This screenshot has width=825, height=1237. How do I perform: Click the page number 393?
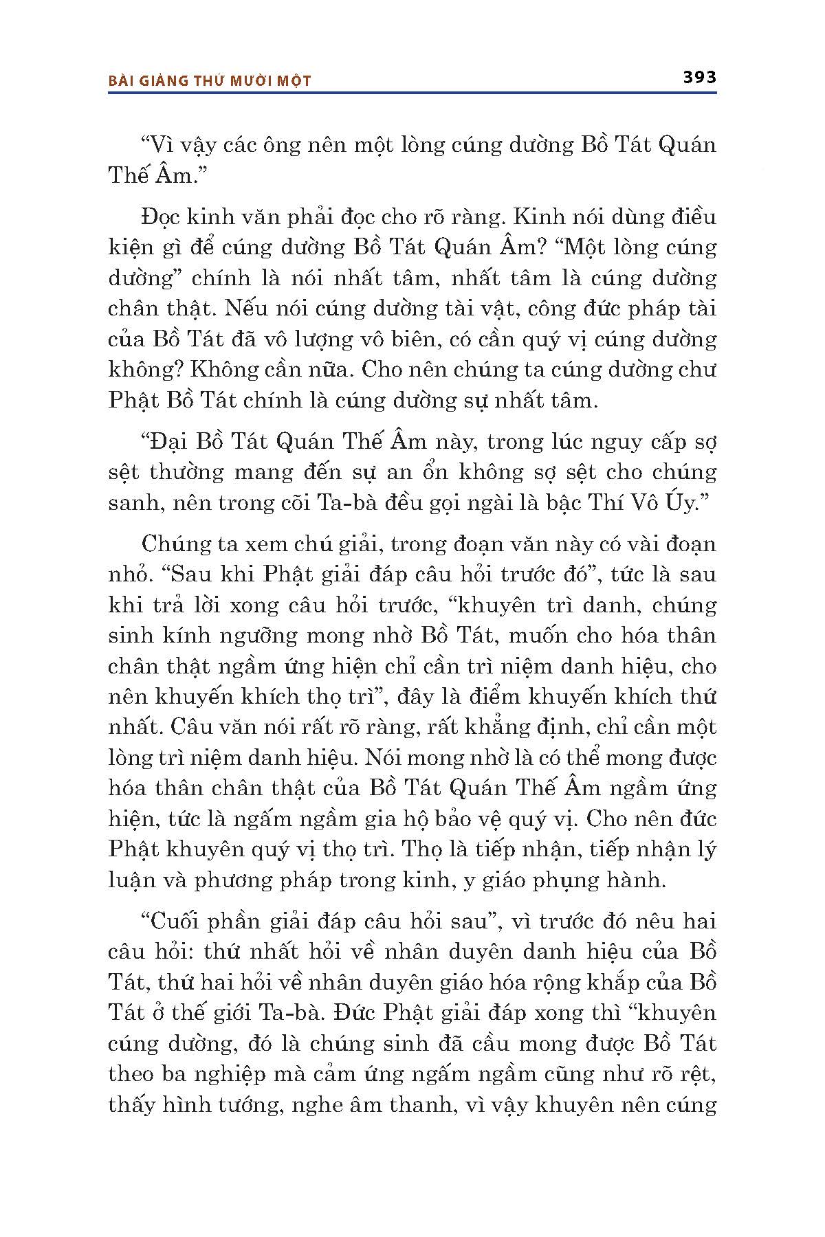[x=699, y=77]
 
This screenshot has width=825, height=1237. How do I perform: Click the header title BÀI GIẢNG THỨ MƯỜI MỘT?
[x=210, y=81]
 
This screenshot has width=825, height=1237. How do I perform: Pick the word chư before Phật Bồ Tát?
[x=697, y=370]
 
